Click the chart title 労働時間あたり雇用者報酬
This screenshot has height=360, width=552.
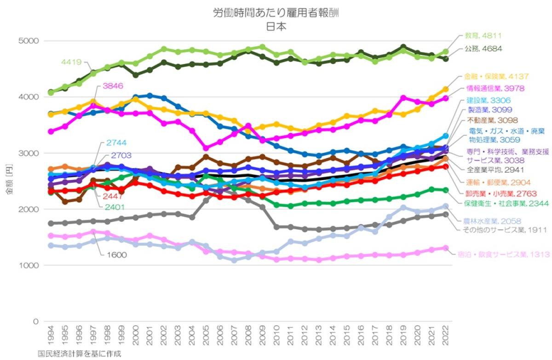[x=276, y=13]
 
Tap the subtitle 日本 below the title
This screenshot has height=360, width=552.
[x=276, y=26]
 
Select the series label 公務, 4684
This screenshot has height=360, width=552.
[x=483, y=48]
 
